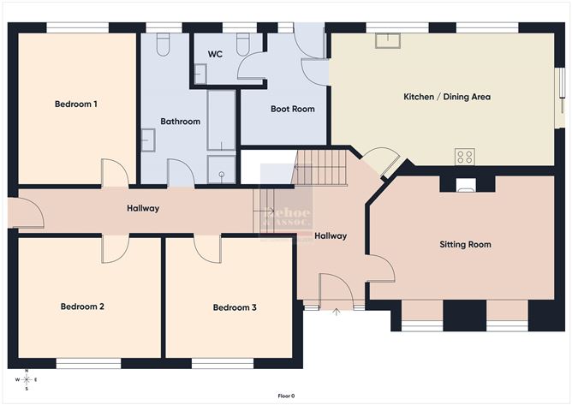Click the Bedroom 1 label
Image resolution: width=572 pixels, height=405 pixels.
75,104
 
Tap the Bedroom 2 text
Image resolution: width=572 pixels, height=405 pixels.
82,307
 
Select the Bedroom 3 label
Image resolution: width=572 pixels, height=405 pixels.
235,307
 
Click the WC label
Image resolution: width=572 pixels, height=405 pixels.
216,54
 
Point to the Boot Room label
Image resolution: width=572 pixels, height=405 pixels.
292,109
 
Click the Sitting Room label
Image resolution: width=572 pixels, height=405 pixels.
465,245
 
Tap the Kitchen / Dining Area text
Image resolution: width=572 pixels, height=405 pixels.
446,97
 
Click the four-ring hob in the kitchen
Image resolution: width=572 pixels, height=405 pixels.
464,157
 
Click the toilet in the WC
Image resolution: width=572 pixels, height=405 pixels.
242,43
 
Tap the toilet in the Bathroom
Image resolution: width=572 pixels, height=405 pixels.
164,44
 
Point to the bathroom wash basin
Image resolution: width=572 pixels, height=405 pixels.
147,140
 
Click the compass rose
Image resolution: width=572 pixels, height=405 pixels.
27,379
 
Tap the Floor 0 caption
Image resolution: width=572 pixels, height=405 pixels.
286,396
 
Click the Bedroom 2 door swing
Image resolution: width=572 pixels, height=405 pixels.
115,249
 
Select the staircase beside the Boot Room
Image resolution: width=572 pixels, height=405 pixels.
320,165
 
